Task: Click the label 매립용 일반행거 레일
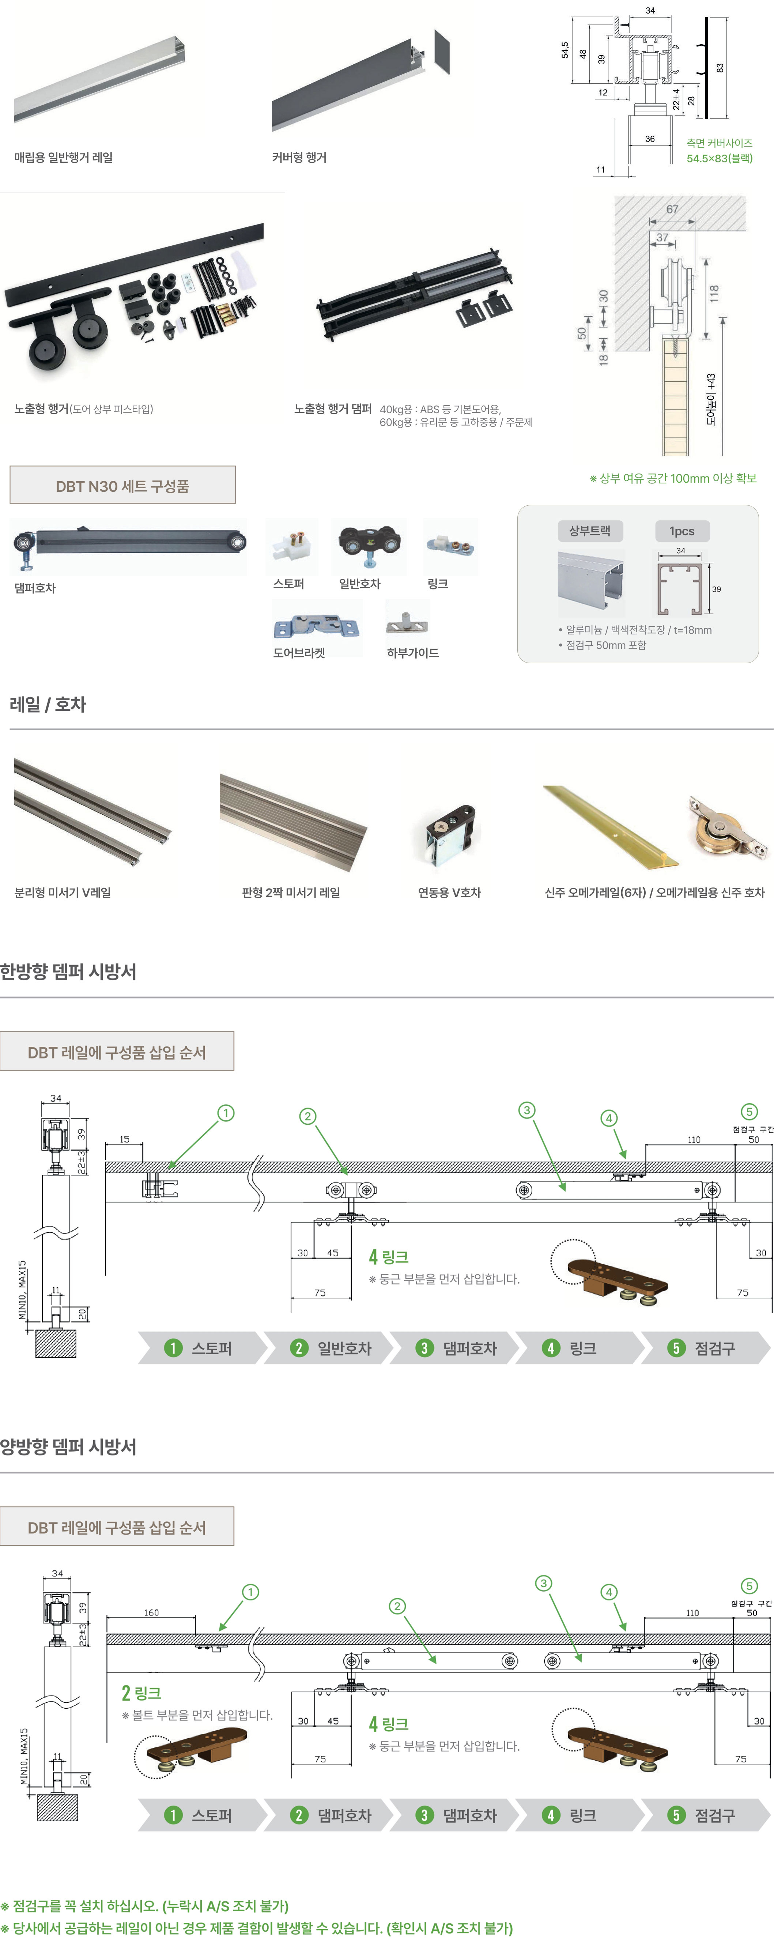pos(64,158)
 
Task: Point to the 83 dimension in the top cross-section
pos(720,67)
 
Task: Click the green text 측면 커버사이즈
pos(719,143)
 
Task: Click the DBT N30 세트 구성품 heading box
pos(122,485)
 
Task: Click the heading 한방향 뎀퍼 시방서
pos(68,971)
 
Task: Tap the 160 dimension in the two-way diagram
pos(151,1613)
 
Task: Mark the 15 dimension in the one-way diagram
pos(124,1139)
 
